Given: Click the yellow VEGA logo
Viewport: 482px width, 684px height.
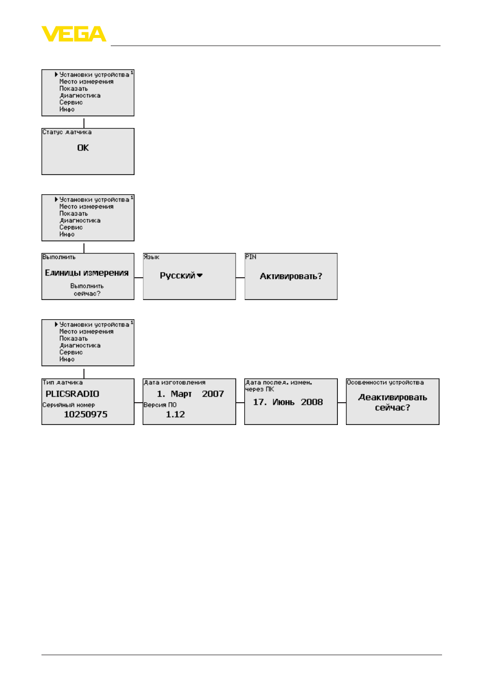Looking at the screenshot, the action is tap(73, 33).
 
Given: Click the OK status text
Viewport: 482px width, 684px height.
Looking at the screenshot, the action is tap(83, 148).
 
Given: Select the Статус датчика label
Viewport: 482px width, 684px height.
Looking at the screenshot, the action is tap(67, 132).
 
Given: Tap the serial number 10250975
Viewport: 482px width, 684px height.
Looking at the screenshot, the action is tap(85, 414).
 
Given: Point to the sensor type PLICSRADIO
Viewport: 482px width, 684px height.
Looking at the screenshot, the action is tap(72, 394).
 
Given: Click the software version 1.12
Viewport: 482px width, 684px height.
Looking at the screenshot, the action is tap(175, 414).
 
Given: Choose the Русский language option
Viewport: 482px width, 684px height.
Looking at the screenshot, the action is tap(178, 275).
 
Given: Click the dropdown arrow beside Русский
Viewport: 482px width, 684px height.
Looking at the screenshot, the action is tap(200, 275).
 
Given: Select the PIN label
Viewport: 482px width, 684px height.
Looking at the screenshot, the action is tap(251, 257).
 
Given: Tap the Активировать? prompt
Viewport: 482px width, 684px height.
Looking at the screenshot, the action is tap(291, 276).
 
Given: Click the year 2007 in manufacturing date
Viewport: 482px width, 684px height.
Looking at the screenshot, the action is tap(213, 394).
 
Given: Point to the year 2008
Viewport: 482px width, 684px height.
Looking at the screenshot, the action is tap(312, 402).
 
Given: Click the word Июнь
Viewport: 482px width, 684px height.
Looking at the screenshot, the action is tap(283, 402).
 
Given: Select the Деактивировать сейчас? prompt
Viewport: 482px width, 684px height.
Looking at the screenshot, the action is tap(392, 403).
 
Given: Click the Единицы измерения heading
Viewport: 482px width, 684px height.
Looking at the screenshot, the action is tap(86, 273).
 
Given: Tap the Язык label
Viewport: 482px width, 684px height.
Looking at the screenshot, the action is tap(151, 257).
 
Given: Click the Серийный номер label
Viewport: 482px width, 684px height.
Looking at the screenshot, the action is tap(69, 405).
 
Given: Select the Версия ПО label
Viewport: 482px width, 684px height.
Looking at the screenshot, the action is tap(160, 405).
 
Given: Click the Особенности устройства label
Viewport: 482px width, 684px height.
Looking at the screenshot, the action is tap(385, 382).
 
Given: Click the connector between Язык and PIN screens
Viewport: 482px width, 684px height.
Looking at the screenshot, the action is tap(240, 278).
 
